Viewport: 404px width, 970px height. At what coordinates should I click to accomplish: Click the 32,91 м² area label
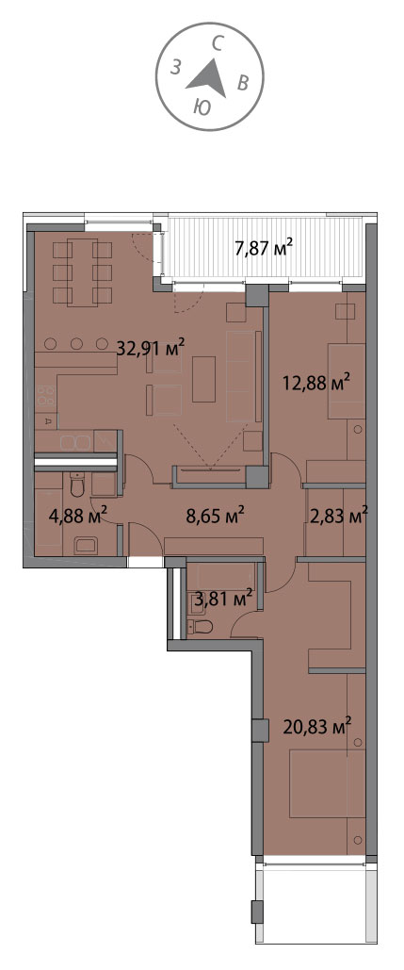point(152,348)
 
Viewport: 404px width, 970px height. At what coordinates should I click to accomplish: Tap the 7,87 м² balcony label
point(263,249)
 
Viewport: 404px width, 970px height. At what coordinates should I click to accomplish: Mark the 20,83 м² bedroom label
point(317,724)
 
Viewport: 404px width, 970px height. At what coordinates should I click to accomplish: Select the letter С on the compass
point(217,42)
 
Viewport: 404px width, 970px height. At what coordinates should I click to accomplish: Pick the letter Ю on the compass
point(202,107)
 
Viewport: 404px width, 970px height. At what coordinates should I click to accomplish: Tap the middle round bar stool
point(76,343)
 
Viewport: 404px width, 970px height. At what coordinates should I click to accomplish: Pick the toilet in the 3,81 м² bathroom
point(201,627)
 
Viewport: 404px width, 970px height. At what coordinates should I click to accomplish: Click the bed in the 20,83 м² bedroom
point(328,782)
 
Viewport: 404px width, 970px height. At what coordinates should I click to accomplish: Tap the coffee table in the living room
point(203,379)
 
